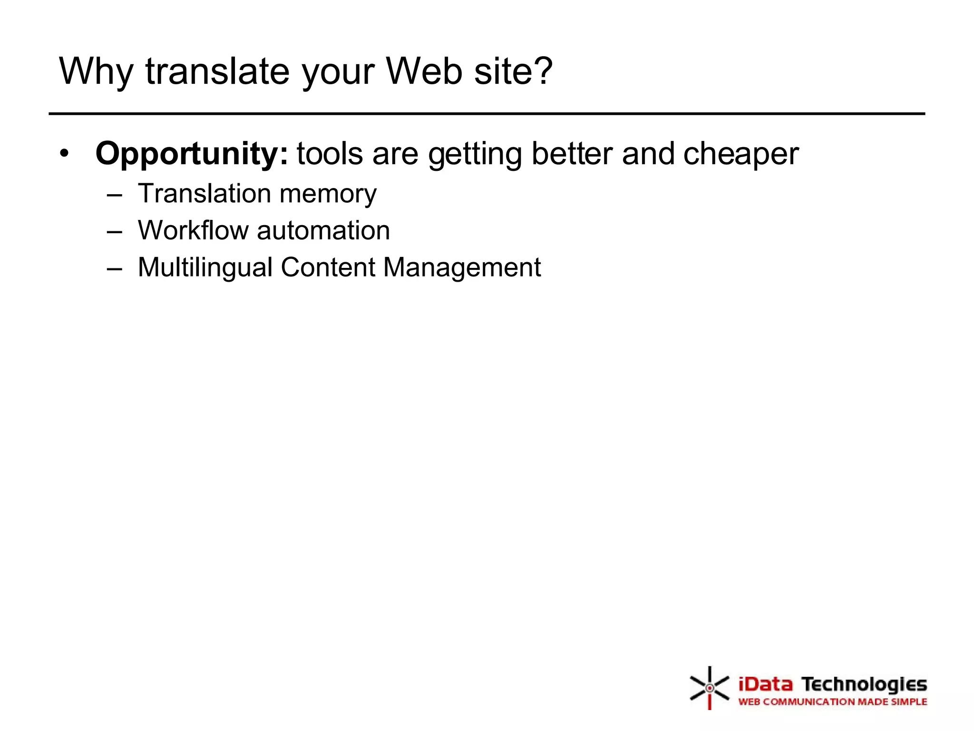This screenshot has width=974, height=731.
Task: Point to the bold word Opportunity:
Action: click(x=192, y=154)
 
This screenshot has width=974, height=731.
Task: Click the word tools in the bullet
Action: click(x=330, y=154)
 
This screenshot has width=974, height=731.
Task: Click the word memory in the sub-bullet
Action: click(x=328, y=194)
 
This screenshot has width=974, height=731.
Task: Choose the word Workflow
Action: click(x=193, y=230)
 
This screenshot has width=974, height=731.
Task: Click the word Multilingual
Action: click(x=205, y=267)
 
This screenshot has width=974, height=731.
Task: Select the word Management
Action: click(x=462, y=267)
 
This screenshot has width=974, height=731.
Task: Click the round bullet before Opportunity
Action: click(x=65, y=153)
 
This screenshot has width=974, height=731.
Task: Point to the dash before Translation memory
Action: click(x=115, y=195)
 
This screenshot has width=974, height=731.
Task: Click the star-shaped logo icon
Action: click(x=709, y=688)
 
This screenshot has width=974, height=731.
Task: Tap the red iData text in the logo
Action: click(x=765, y=684)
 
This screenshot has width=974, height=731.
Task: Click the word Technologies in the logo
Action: click(x=864, y=684)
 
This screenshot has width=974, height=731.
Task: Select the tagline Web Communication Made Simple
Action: click(x=832, y=701)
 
